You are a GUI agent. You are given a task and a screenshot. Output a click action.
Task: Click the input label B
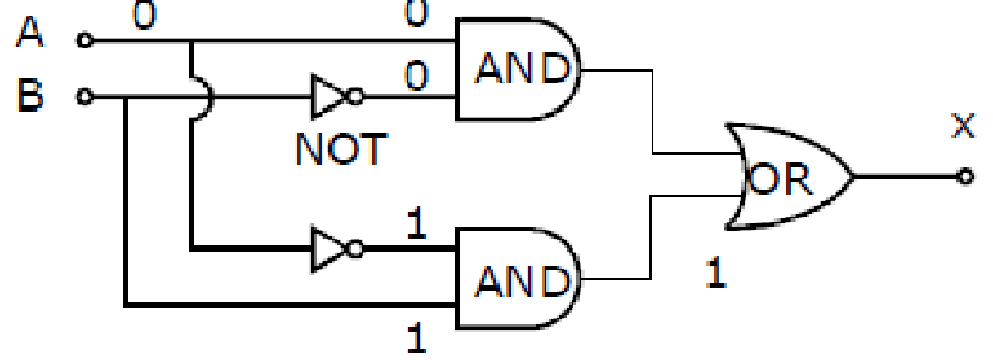(30, 95)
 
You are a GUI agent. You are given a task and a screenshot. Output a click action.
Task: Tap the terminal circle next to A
(85, 40)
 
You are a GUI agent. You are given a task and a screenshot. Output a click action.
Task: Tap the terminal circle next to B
(85, 96)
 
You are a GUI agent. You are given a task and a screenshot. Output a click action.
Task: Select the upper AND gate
(518, 69)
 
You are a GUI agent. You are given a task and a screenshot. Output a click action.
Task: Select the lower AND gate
(518, 279)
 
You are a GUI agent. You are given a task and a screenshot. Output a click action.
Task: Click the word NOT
(341, 150)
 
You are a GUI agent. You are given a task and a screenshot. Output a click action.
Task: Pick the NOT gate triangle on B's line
(329, 96)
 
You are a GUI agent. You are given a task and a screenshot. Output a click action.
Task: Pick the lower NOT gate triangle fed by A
(329, 249)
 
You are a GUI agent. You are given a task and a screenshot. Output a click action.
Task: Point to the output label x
(963, 126)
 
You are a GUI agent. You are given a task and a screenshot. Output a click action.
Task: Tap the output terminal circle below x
(965, 176)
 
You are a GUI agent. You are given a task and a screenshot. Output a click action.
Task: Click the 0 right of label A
(145, 15)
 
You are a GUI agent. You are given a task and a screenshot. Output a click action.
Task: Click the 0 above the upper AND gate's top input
(417, 13)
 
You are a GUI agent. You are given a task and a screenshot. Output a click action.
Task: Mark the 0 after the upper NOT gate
(417, 76)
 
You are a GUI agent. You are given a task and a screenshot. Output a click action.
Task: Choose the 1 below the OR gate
(716, 272)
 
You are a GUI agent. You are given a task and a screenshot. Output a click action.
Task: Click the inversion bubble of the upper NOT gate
(356, 96)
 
